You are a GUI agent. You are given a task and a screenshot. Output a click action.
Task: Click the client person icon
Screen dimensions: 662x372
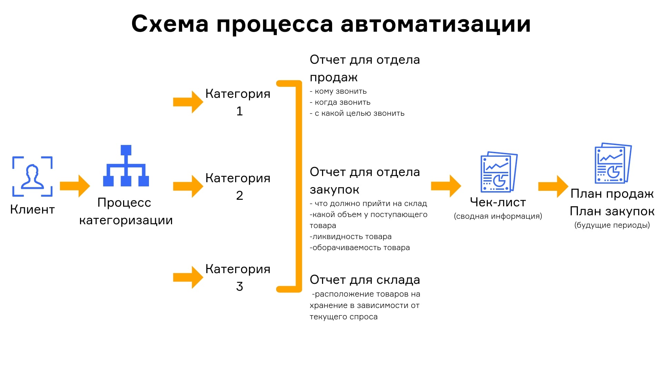(32, 176)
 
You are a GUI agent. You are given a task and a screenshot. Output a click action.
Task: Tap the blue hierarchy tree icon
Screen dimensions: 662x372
(126, 166)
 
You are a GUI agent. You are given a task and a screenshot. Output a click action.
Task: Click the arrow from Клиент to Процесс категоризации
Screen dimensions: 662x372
(75, 186)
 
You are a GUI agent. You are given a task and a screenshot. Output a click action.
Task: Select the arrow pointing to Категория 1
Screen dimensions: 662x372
(188, 102)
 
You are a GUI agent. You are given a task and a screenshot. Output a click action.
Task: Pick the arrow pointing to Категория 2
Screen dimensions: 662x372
(188, 186)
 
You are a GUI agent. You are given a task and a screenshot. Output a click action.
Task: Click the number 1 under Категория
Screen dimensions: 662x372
(240, 111)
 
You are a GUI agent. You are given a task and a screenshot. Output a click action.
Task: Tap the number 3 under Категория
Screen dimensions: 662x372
(240, 287)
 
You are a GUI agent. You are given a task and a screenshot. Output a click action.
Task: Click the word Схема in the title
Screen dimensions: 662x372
(170, 24)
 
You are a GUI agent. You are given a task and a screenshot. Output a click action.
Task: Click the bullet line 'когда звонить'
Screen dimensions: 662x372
(340, 102)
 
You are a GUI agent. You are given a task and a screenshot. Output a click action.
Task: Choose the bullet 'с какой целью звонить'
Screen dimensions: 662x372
(357, 113)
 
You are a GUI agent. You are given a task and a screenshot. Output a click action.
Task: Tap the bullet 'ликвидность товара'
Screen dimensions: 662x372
(351, 237)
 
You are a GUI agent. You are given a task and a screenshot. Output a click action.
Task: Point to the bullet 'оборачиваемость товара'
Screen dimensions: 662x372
(360, 248)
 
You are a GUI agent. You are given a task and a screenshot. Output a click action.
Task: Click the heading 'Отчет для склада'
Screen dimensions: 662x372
(365, 280)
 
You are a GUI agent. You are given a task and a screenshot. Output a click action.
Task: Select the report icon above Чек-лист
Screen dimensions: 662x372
(499, 172)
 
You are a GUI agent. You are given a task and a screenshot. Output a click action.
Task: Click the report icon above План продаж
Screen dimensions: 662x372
(613, 163)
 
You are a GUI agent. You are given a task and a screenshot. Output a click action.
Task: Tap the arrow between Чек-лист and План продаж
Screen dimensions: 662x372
(553, 186)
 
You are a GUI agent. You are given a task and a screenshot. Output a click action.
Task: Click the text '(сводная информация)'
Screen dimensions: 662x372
(498, 216)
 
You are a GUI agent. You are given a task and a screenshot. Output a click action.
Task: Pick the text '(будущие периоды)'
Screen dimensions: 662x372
(612, 225)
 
